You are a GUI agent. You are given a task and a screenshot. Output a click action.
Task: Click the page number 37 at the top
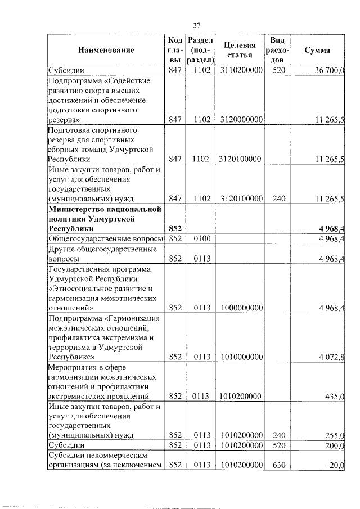click(x=197, y=25)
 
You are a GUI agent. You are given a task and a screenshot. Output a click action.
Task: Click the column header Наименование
click(x=106, y=50)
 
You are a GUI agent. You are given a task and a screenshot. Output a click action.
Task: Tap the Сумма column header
click(x=317, y=50)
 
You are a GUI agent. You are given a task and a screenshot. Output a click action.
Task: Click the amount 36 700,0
click(x=326, y=70)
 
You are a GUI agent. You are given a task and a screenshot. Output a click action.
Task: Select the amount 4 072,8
click(x=331, y=357)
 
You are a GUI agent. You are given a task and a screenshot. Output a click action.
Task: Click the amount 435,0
click(x=335, y=397)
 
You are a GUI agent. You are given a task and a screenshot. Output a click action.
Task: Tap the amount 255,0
click(x=335, y=435)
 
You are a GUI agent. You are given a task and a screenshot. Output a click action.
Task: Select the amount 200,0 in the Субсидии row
click(x=335, y=445)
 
